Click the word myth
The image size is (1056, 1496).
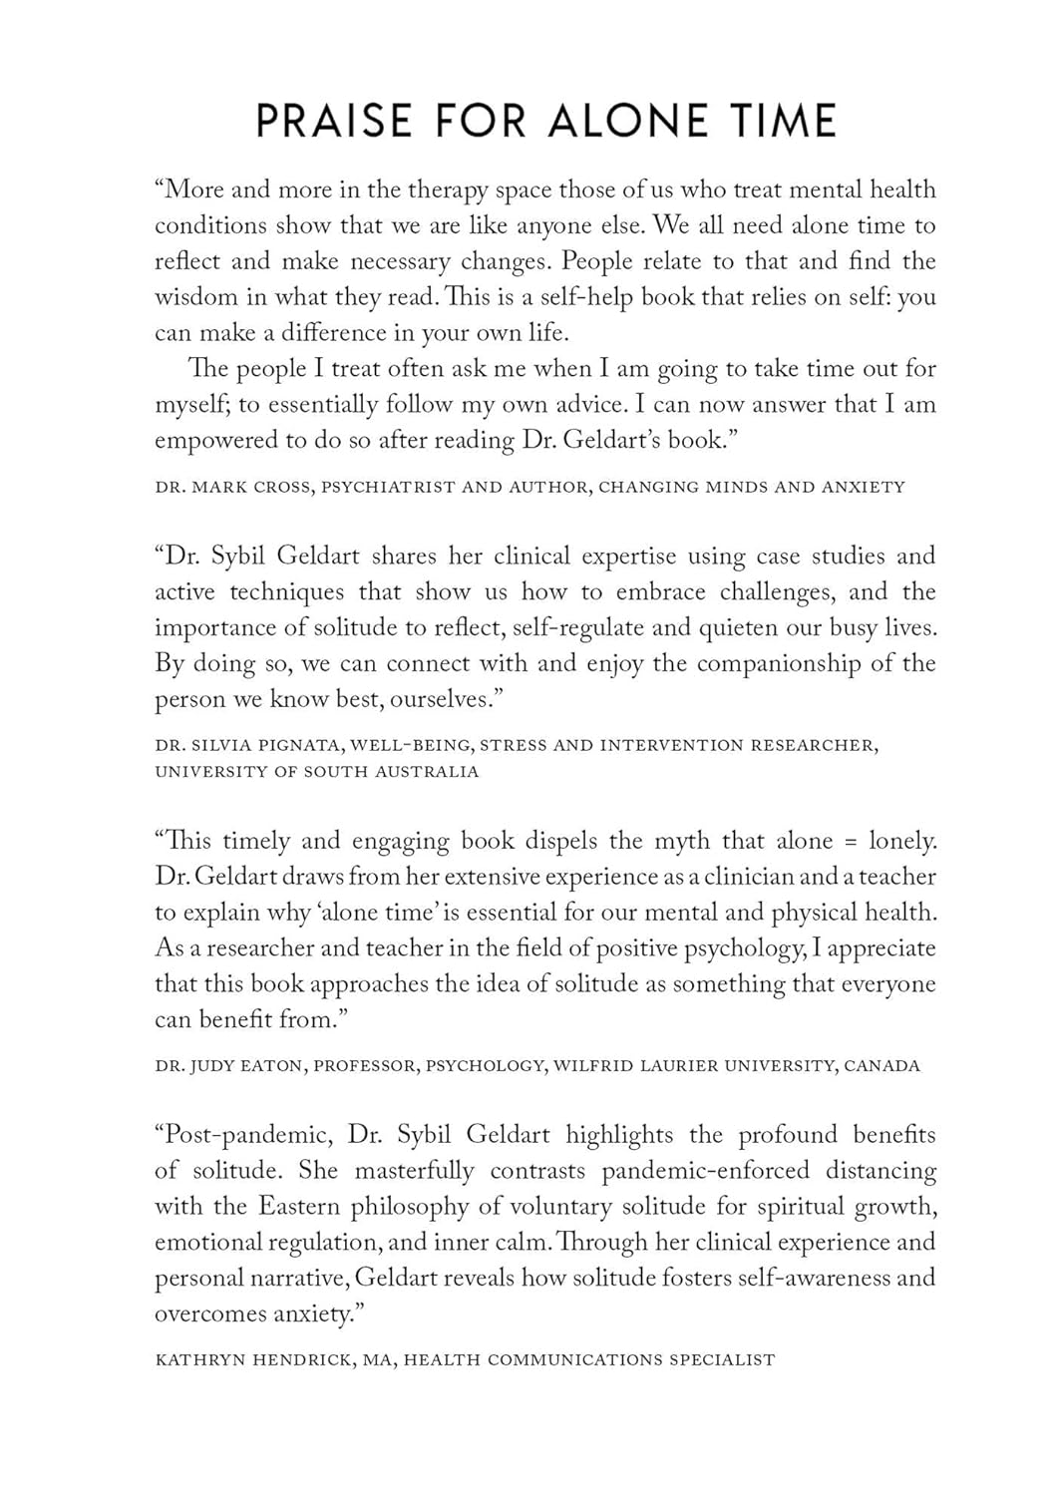683,842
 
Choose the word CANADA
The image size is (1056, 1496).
881,1066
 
